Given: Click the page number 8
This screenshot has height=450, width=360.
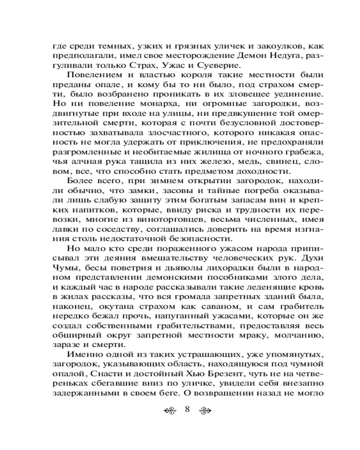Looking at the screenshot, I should tap(188, 409).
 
